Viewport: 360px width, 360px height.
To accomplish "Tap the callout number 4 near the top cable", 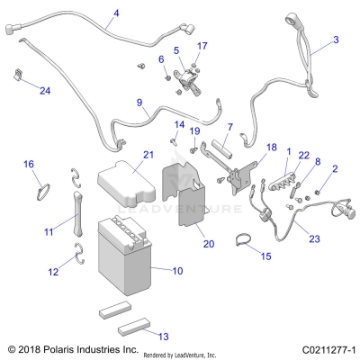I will coord(116,14).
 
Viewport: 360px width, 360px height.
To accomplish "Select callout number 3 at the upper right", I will coord(336,40).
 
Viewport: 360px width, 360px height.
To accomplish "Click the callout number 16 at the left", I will coord(28,164).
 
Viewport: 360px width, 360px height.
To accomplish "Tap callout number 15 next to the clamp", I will coord(265,257).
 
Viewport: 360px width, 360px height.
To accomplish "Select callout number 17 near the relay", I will coord(202,45).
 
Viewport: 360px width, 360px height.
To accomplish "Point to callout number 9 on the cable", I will coord(139,103).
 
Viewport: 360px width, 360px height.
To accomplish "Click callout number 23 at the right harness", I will coord(313,238).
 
